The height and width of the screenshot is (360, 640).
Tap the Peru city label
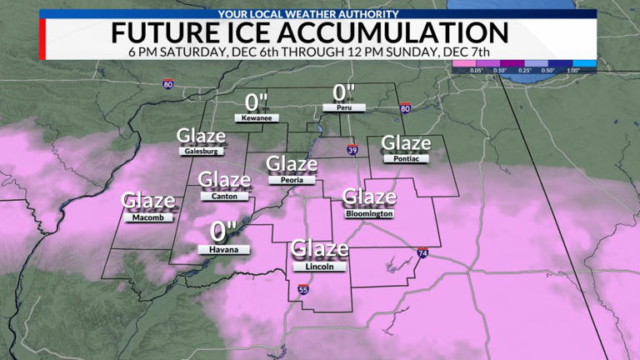click(339, 108)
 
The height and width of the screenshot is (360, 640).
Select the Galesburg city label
click(201, 152)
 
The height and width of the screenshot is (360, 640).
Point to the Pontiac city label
click(406, 158)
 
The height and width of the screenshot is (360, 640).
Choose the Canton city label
click(224, 197)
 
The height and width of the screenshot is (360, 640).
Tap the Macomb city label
click(147, 217)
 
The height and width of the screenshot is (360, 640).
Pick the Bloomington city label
click(367, 214)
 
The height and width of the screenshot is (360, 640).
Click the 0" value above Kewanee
click(256, 102)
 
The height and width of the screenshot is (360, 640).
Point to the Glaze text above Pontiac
click(405, 143)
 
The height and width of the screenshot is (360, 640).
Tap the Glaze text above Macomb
click(148, 201)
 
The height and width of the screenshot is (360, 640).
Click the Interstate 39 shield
click(352, 150)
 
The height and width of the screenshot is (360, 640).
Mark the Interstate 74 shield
click(423, 252)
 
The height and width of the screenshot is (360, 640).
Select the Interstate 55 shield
click(302, 290)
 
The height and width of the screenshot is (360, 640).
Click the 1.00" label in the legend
click(573, 71)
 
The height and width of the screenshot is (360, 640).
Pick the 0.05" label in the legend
click(477, 71)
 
